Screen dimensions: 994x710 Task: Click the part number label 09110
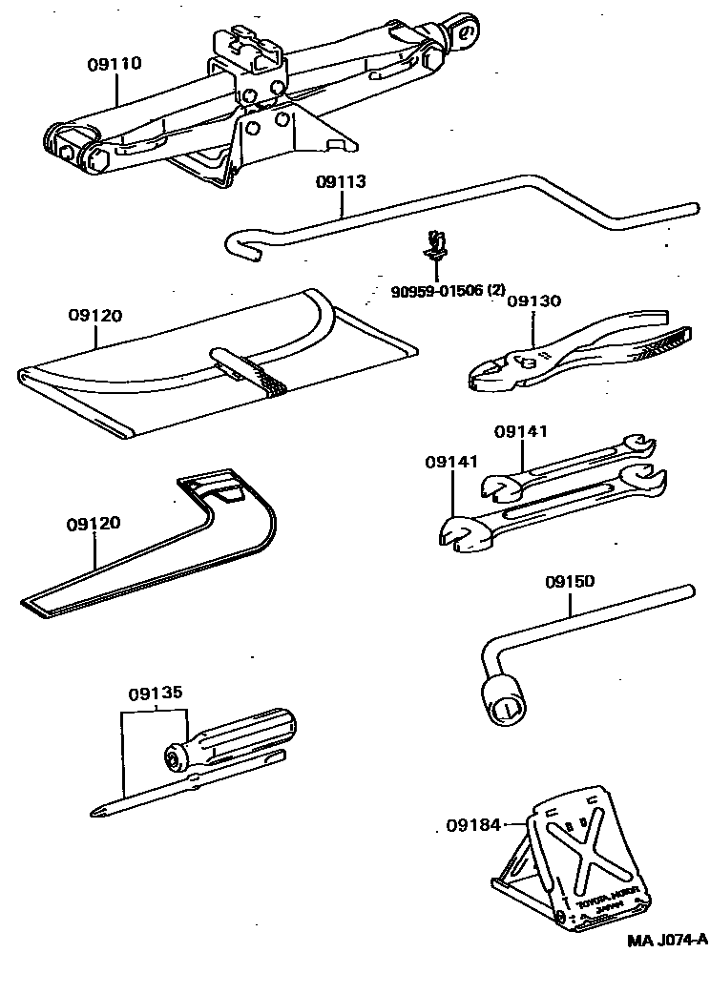[114, 64]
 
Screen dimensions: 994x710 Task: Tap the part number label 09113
[341, 181]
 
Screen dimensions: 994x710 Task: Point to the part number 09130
[533, 300]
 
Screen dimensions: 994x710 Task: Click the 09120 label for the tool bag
[94, 314]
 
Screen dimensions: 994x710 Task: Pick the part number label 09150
[570, 581]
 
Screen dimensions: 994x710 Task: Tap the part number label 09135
[156, 694]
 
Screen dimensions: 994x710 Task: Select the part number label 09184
[472, 824]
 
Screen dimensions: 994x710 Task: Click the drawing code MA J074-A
[667, 940]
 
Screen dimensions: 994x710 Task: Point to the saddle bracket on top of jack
[249, 52]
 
